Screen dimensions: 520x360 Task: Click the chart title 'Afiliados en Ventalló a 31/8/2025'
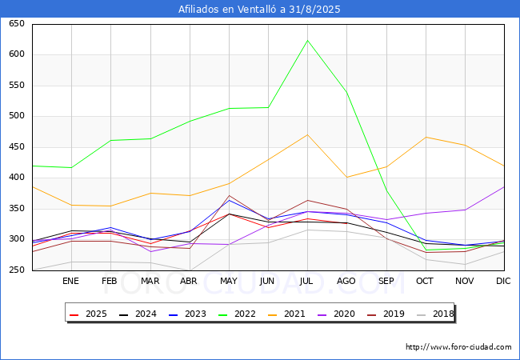pos(259,10)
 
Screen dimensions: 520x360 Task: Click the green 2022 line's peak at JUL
pos(307,41)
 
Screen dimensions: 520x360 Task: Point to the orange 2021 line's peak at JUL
pos(307,134)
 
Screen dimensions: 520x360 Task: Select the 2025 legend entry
pos(88,314)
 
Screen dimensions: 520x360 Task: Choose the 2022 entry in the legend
pos(237,314)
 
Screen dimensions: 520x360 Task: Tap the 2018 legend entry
pos(435,314)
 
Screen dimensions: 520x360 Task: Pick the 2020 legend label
pos(344,314)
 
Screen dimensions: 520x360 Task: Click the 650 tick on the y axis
pos(17,23)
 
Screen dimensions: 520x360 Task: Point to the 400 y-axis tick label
pos(17,178)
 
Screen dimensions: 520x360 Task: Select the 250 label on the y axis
pos(17,270)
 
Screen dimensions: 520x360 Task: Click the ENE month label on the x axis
pos(70,281)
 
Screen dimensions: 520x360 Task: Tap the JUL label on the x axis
pos(306,281)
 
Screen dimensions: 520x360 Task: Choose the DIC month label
pos(503,281)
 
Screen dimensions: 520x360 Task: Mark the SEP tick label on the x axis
pos(386,281)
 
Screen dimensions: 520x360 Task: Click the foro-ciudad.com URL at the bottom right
pos(458,347)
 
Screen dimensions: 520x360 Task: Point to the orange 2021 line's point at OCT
pos(426,137)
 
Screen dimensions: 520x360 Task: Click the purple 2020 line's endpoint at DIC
pos(504,187)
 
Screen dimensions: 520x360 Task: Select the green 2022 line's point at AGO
pos(346,93)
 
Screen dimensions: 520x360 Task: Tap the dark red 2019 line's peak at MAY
pos(229,195)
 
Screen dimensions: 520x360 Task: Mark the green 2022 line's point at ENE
pos(71,167)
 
